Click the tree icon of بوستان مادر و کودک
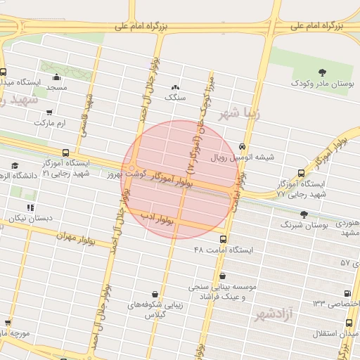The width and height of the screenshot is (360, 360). pos(322,72)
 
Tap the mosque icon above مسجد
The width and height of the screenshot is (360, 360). pos(57,77)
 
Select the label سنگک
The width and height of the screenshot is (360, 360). pos(175,98)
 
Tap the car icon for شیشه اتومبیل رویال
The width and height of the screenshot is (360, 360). pos(243,146)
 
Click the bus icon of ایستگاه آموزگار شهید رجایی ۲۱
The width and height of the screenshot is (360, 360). pos(66,153)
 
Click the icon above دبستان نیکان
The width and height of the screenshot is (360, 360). pos(30,207)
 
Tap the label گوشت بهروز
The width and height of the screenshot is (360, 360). pos(126,172)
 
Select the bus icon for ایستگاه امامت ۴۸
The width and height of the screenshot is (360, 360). pos(224,239)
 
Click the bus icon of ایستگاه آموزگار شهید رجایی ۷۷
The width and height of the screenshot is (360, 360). pos(302,173)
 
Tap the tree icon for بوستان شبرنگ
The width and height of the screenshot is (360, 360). pos(304,214)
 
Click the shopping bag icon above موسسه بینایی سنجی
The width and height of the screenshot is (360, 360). pos(223,276)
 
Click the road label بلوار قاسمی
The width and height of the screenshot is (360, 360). pos(86,116)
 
